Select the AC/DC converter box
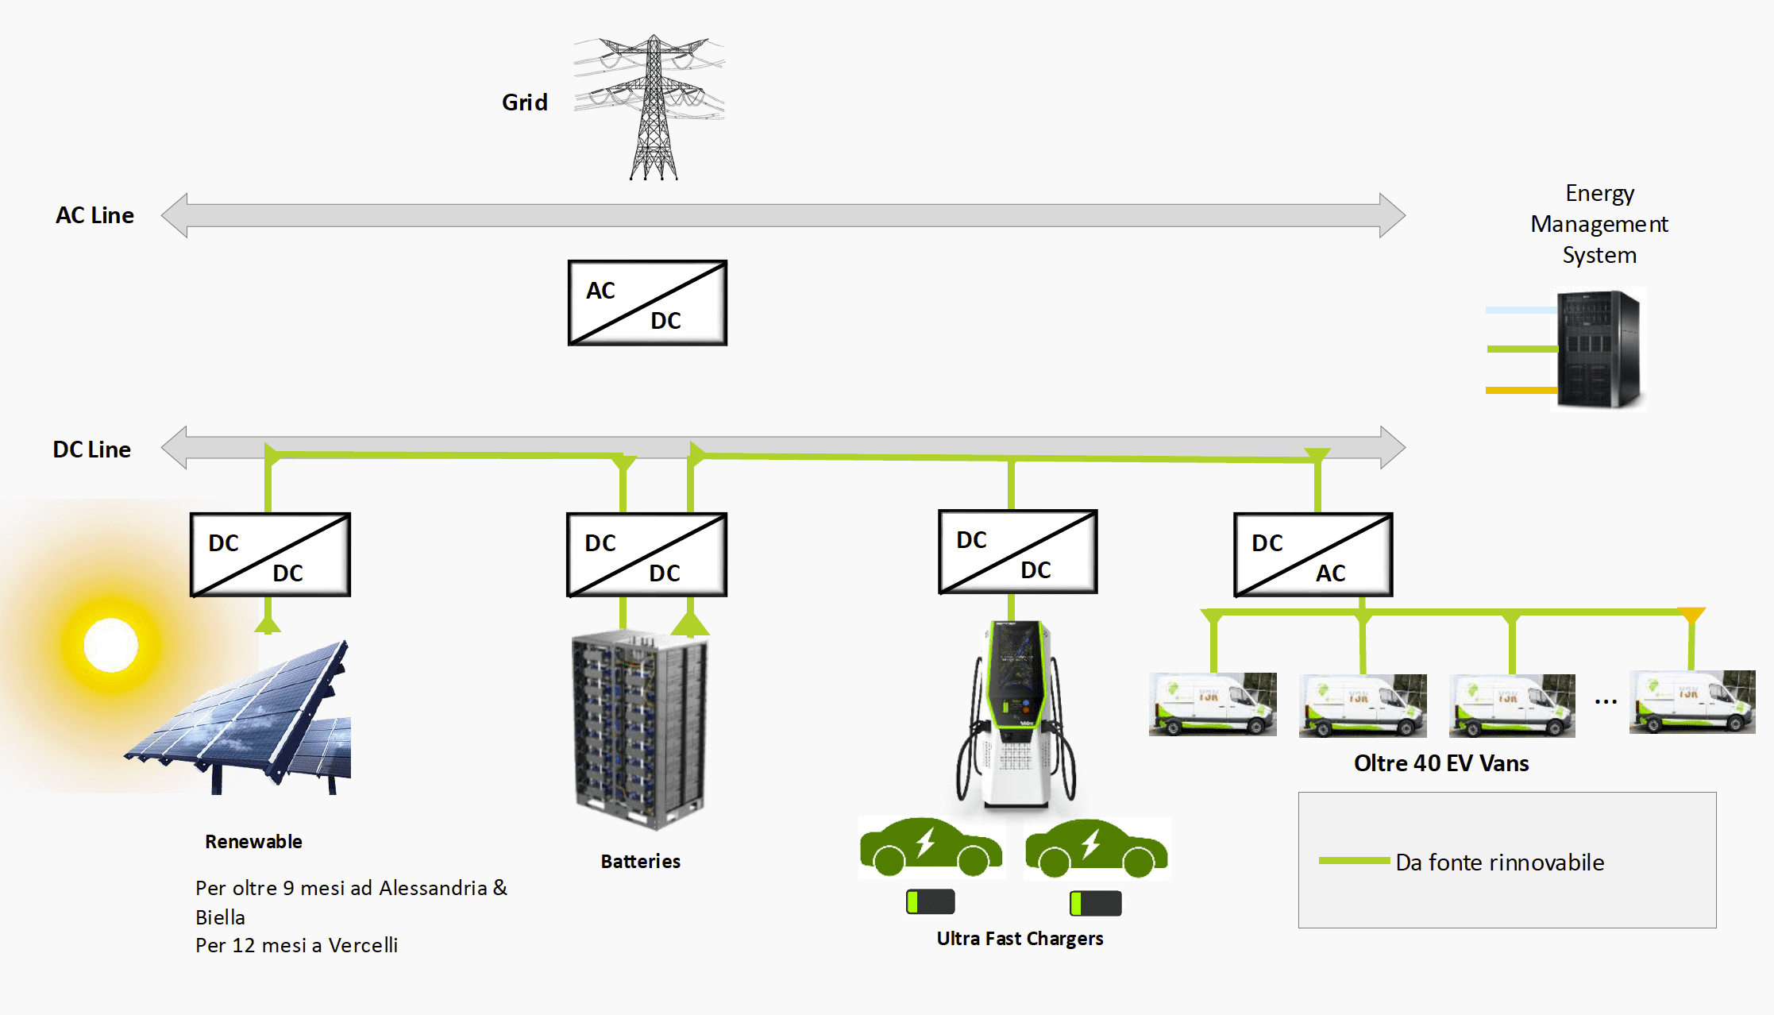[x=647, y=303]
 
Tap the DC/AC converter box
[x=1313, y=554]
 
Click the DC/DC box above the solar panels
[x=270, y=554]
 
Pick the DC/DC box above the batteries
[x=646, y=554]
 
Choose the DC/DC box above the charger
[x=1018, y=551]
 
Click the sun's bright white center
[x=111, y=645]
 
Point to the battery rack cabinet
[x=640, y=729]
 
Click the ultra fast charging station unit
[x=1016, y=715]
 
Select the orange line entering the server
[x=1521, y=390]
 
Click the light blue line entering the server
[x=1521, y=310]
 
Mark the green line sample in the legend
[x=1354, y=861]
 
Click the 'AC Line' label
[x=94, y=215]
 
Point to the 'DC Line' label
[x=92, y=450]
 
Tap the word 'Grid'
[x=525, y=102]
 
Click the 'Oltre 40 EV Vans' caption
[x=1441, y=763]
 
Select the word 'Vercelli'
[x=363, y=945]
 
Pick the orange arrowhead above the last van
[x=1691, y=615]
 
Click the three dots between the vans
[x=1606, y=702]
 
